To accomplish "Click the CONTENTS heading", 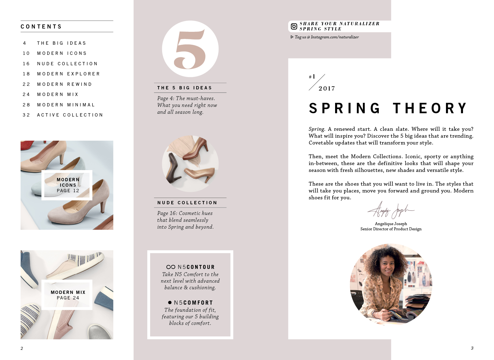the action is point(41,27).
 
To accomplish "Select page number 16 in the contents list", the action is point(26,64).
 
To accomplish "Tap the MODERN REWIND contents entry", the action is point(64,84).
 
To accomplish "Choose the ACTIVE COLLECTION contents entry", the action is point(70,115).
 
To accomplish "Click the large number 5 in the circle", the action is point(190,49).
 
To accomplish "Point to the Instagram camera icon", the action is point(294,26).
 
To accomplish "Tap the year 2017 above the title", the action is point(327,88).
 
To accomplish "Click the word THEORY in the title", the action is point(430,108).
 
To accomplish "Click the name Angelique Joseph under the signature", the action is point(391,224).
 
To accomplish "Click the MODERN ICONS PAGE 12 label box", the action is point(67,185).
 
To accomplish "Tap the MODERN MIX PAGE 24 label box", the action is point(67,295).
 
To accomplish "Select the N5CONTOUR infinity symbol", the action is point(171,267).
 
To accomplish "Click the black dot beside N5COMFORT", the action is point(170,302).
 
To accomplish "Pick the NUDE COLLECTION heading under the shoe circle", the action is point(187,203).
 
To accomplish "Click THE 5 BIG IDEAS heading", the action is point(184,88).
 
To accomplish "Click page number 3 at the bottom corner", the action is point(472,348).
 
